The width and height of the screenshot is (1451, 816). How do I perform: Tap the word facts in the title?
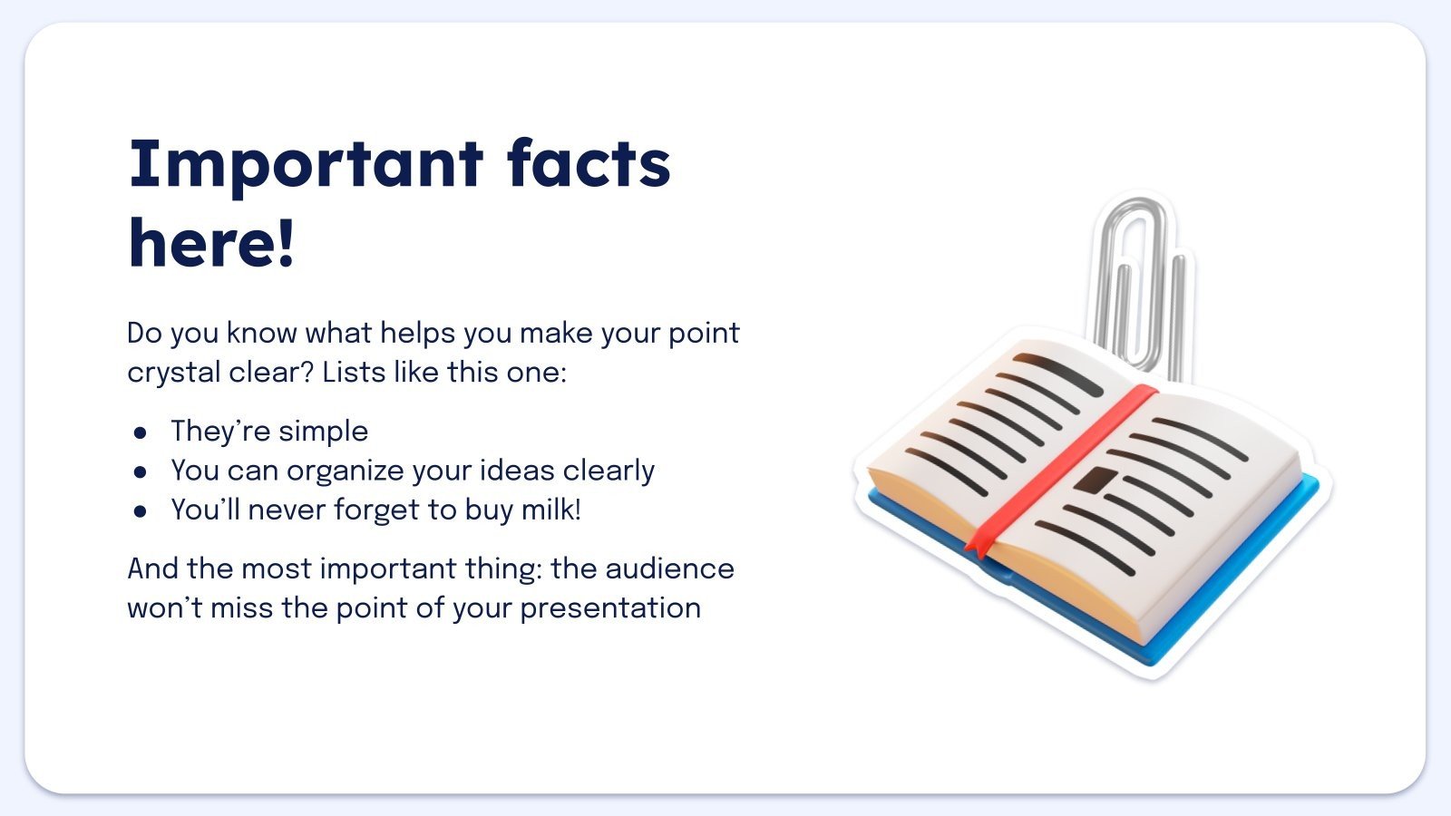589,163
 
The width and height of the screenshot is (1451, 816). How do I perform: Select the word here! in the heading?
212,243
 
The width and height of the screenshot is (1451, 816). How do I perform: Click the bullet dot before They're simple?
140,432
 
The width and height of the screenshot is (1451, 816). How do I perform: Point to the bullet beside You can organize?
140,472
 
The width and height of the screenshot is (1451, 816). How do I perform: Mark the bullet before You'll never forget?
140,511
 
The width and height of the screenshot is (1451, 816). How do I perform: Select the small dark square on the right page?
1096,480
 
